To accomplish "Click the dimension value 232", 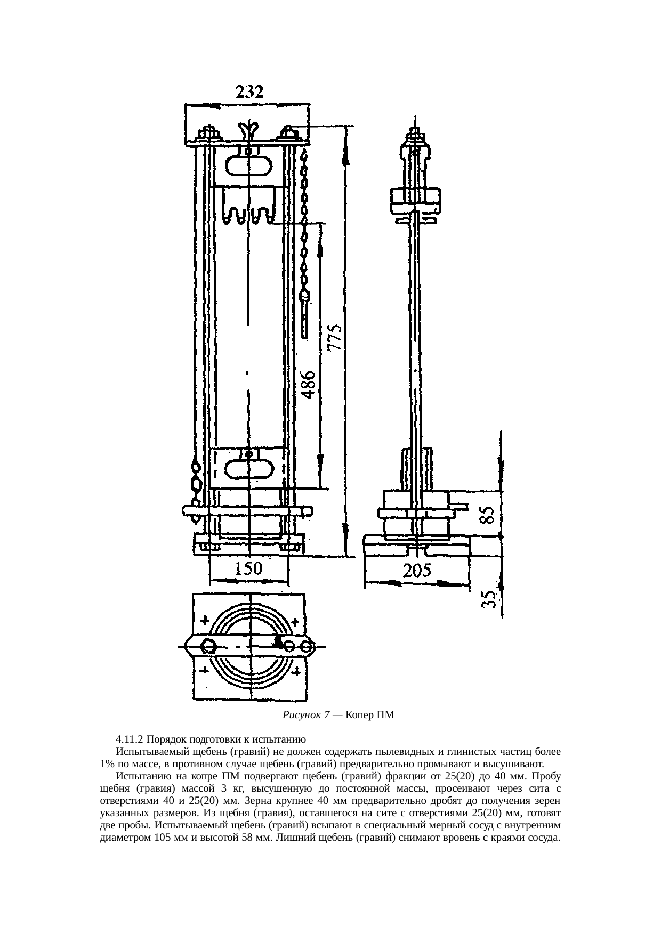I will coord(249,93).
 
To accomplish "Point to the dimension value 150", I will coord(248,569).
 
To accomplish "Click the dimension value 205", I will coord(417,571).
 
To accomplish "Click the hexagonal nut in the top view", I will coord(208,646).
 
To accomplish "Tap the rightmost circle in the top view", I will coord(307,647).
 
